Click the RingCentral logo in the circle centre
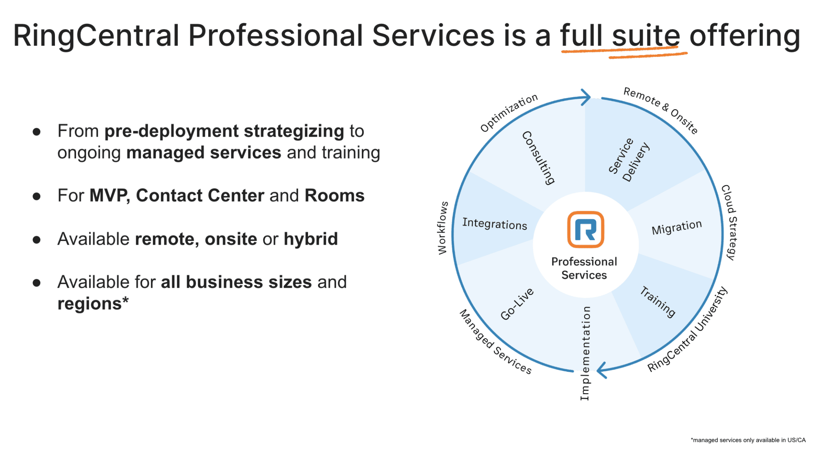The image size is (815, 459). [x=585, y=229]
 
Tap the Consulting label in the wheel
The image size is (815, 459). [x=538, y=158]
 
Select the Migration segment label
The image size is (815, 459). [x=677, y=227]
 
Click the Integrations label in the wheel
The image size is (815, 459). [x=495, y=224]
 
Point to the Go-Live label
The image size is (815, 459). [x=517, y=304]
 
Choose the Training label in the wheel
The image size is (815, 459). [x=658, y=302]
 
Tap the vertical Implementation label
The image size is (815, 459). [x=585, y=353]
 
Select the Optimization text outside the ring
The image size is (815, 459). [x=509, y=113]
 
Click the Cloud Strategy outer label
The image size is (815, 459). [x=729, y=222]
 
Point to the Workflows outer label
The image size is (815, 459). [x=443, y=228]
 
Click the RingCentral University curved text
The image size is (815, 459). [x=688, y=330]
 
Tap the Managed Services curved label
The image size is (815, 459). [x=495, y=342]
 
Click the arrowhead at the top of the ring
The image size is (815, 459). [x=586, y=97]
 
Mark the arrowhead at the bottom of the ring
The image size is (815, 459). [x=602, y=370]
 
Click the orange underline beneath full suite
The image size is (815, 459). [x=624, y=52]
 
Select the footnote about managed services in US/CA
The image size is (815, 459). [x=748, y=440]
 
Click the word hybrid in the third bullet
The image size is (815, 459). [x=310, y=239]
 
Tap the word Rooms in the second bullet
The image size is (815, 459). [x=334, y=196]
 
